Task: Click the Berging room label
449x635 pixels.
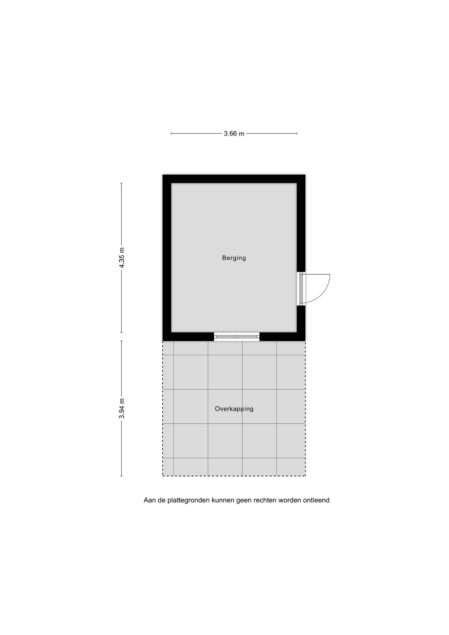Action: [234, 258]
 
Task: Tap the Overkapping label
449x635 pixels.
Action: [234, 409]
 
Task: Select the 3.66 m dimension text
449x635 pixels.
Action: [234, 134]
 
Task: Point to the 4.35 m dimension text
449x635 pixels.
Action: [122, 258]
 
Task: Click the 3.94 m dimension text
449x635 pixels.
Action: [122, 408]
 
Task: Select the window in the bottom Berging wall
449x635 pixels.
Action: [236, 337]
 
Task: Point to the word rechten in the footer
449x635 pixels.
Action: [265, 500]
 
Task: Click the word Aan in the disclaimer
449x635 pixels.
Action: [149, 500]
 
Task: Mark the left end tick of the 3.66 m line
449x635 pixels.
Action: [171, 133]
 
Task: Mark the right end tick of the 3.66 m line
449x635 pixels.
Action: [297, 133]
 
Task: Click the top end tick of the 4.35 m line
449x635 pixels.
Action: [121, 183]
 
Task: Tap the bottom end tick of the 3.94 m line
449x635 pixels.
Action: [121, 476]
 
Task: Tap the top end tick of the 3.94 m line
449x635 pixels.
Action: [121, 341]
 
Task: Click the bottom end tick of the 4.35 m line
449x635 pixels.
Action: [121, 332]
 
